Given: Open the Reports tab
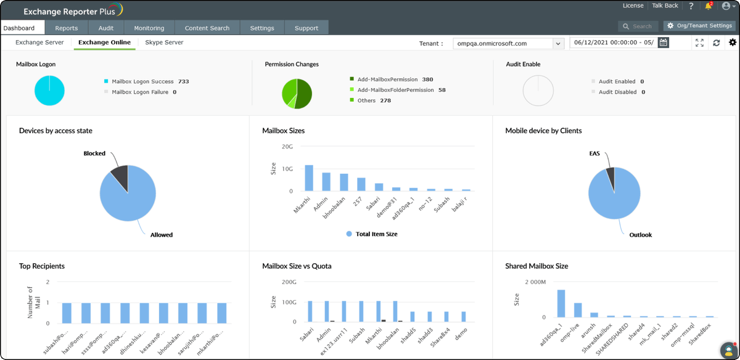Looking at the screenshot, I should click(x=66, y=28).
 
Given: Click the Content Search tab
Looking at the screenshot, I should click(x=207, y=28).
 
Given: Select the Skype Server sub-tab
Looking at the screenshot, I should click(x=164, y=43).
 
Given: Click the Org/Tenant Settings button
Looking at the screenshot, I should click(x=699, y=26).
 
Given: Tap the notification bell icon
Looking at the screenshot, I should click(x=709, y=6).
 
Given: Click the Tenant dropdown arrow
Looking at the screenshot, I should click(x=558, y=44).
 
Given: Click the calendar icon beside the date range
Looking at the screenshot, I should click(x=663, y=43).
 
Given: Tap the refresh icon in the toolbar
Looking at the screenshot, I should click(x=716, y=43).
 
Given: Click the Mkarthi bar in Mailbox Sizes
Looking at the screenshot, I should click(x=309, y=178).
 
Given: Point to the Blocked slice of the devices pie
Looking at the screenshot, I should click(x=120, y=175).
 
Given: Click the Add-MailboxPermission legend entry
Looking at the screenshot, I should click(x=390, y=80).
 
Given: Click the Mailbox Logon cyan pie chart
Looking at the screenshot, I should click(x=49, y=90).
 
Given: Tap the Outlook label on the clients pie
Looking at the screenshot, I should click(x=640, y=235).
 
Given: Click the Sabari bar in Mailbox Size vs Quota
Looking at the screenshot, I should click(x=310, y=311).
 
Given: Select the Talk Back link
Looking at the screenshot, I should click(x=665, y=6).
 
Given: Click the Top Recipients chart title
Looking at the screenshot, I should click(x=42, y=266).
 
